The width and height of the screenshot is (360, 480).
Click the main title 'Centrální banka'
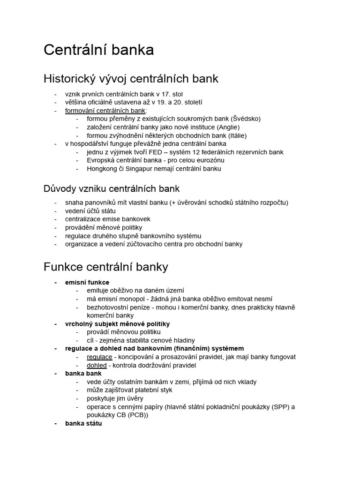click(98, 50)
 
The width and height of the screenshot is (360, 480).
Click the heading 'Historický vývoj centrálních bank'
click(131, 78)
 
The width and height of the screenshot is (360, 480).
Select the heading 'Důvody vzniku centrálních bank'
click(112, 189)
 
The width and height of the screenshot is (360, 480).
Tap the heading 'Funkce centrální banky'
click(106, 267)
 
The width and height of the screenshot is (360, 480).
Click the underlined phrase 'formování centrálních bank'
click(105, 111)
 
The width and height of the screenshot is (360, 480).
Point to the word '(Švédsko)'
click(245, 119)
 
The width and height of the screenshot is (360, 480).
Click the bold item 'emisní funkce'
click(87, 282)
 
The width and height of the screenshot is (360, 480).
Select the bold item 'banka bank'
click(83, 374)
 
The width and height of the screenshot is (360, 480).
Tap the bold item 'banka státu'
click(83, 423)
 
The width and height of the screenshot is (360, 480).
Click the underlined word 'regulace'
click(99, 357)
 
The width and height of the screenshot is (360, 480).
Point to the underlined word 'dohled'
click(97, 365)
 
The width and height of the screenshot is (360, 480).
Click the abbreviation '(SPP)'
click(279, 407)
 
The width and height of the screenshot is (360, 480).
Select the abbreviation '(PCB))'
click(137, 415)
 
